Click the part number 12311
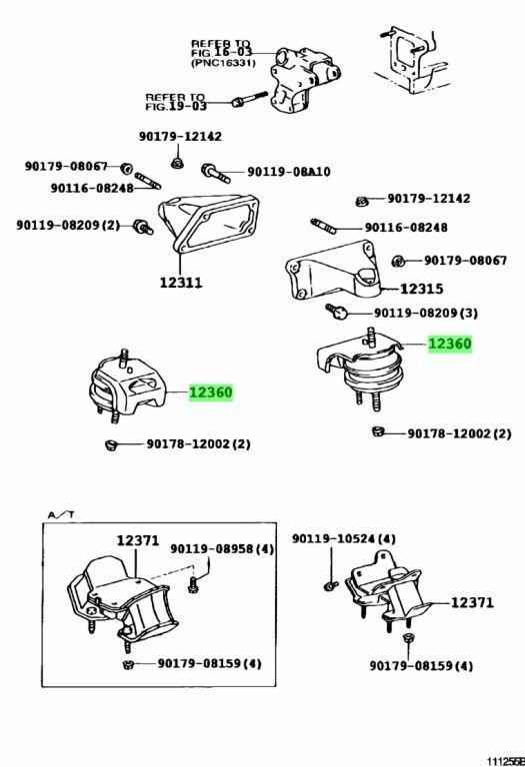(x=181, y=283)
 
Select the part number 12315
(x=421, y=289)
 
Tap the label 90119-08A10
(x=288, y=172)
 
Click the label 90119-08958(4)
(x=221, y=548)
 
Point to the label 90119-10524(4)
(x=343, y=539)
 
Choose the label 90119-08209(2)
(x=67, y=225)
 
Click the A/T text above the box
(x=60, y=513)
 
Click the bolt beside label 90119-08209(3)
(x=338, y=314)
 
